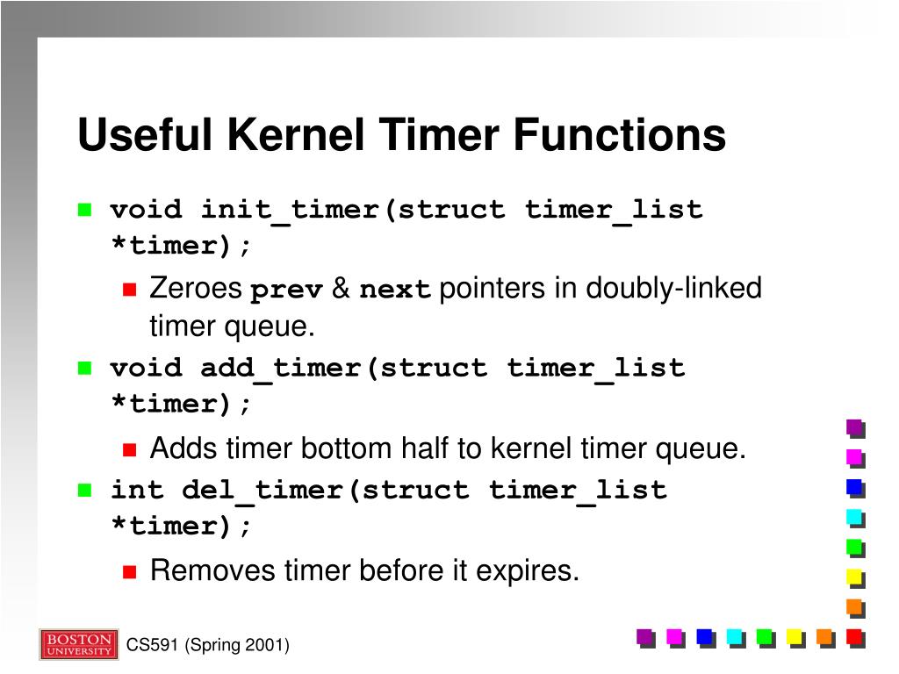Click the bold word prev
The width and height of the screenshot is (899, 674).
pos(287,290)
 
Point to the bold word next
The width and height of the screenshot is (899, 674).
pos(395,290)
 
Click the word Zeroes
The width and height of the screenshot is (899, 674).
pos(197,289)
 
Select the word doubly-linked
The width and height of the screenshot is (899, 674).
pos(673,289)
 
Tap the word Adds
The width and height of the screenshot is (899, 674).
pos(184,448)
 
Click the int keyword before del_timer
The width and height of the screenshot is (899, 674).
pos(137,490)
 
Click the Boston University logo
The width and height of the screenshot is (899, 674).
pos(78,644)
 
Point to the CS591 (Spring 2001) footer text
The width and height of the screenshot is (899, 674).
pos(208,646)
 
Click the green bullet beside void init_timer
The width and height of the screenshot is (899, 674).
pos(85,210)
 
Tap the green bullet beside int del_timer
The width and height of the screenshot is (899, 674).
pos(85,490)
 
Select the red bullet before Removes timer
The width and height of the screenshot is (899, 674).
pos(130,571)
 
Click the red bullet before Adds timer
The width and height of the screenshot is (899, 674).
pos(130,449)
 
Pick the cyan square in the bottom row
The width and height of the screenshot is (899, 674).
pos(735,637)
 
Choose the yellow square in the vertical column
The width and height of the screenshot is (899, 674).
pos(854,577)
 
